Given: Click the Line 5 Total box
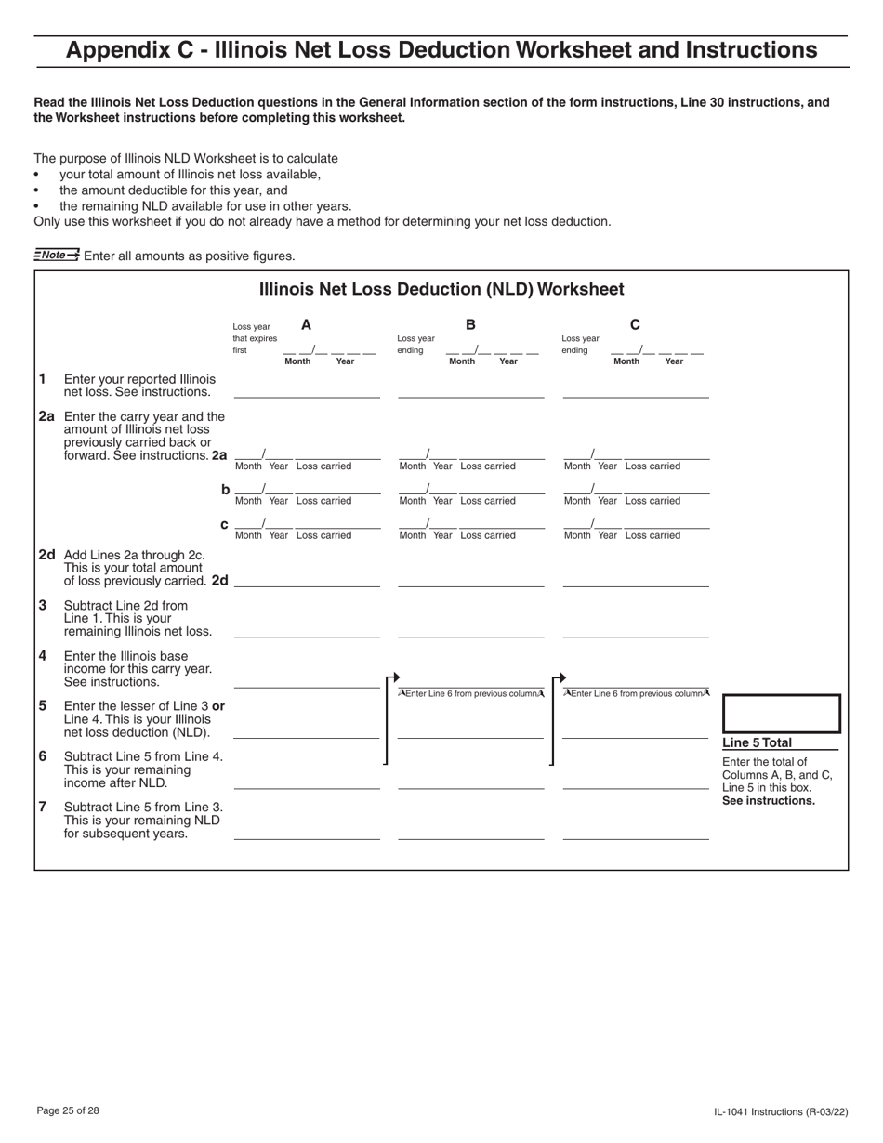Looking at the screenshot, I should (x=781, y=714).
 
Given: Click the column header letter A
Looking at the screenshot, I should (x=306, y=325).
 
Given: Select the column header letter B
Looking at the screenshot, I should (x=470, y=325).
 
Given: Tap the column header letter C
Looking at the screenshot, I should (x=635, y=325).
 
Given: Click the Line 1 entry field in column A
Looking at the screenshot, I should (x=307, y=389).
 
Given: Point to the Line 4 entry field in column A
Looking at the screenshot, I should (x=307, y=679).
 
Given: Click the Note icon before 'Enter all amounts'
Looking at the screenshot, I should (x=57, y=255).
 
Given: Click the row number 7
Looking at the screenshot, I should (x=43, y=807).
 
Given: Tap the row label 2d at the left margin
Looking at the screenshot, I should (x=47, y=554).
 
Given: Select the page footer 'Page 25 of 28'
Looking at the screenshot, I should (x=68, y=1110).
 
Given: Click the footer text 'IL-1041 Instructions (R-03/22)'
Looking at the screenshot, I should (x=781, y=1111).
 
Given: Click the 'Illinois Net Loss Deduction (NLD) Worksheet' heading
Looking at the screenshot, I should (x=441, y=289).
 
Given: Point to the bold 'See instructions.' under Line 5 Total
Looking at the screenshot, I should (x=769, y=801).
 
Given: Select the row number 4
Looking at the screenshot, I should (x=43, y=655).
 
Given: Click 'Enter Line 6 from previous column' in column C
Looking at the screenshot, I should (x=636, y=693).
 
